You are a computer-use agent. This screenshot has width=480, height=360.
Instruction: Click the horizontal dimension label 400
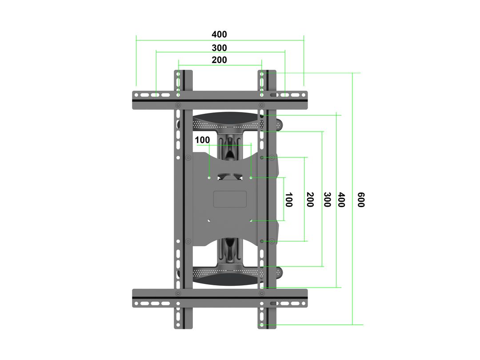219,35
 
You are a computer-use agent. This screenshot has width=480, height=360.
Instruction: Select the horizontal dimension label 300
219,48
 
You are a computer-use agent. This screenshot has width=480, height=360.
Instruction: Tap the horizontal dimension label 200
219,60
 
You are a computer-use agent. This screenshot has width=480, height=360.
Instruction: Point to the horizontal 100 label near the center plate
202,140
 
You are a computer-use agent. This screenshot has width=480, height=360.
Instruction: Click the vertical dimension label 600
360,200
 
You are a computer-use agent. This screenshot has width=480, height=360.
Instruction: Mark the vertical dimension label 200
310,200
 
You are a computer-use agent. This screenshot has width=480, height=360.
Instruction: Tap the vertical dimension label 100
288,200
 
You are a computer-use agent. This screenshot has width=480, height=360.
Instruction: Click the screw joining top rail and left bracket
178,105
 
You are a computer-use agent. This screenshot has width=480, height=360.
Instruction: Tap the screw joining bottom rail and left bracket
178,293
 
